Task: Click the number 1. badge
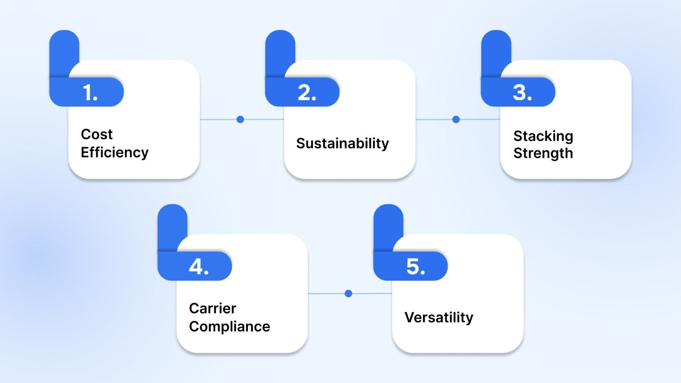pos(90,93)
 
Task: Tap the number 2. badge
pos(306,93)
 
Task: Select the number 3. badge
pos(522,93)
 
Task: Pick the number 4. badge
pos(198,266)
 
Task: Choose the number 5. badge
pos(415,266)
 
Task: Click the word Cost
pos(97,134)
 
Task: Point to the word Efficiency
pos(114,152)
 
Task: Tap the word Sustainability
pos(342,143)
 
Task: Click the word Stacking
pos(543,136)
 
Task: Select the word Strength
pos(543,153)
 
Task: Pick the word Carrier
pos(212,309)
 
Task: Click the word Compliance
pos(229,327)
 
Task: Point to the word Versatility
pos(439,317)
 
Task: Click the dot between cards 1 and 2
pos(240,119)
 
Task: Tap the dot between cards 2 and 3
pos(456,119)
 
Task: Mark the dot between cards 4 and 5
pos(348,294)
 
